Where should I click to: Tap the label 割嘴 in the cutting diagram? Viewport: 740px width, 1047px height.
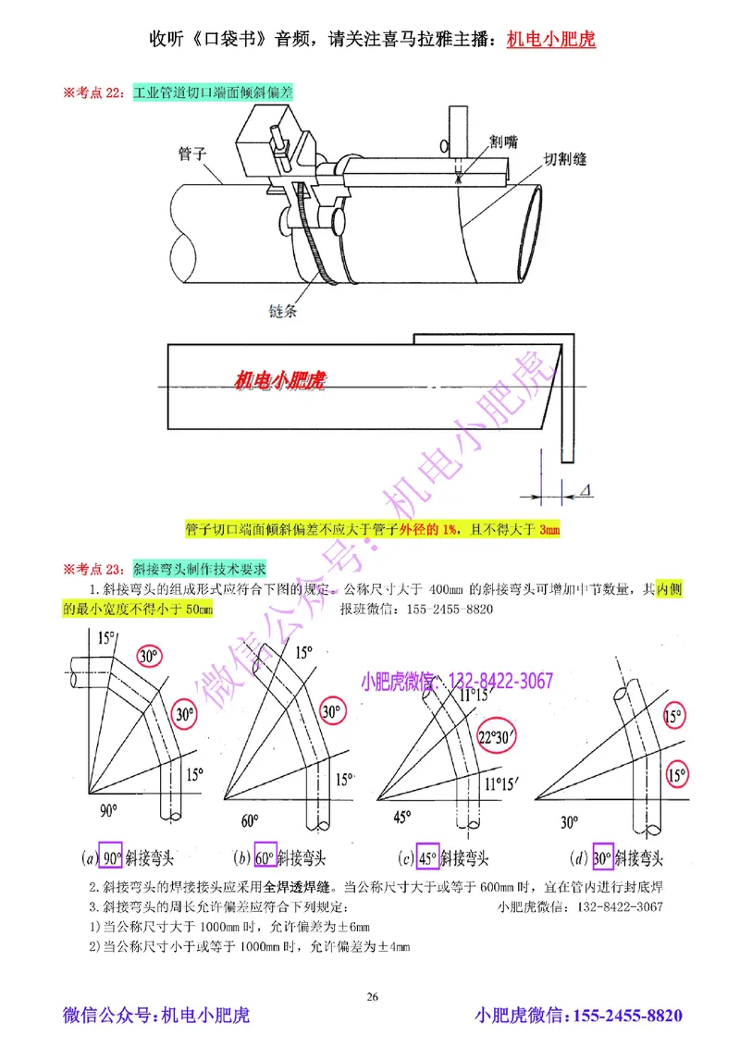pyautogui.click(x=503, y=141)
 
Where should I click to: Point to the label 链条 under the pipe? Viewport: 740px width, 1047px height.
pyautogui.click(x=286, y=311)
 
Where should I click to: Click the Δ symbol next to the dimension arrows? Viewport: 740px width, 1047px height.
pyautogui.click(x=588, y=488)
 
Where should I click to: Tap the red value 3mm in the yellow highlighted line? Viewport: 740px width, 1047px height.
pyautogui.click(x=549, y=530)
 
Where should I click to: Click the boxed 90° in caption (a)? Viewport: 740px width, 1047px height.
pyautogui.click(x=112, y=856)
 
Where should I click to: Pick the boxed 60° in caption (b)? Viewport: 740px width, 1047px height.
pyautogui.click(x=265, y=856)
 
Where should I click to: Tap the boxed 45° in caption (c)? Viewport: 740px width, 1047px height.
pyautogui.click(x=427, y=856)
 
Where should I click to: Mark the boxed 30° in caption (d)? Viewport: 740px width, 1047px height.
pyautogui.click(x=603, y=856)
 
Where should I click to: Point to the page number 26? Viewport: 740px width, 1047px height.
pyautogui.click(x=372, y=996)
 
